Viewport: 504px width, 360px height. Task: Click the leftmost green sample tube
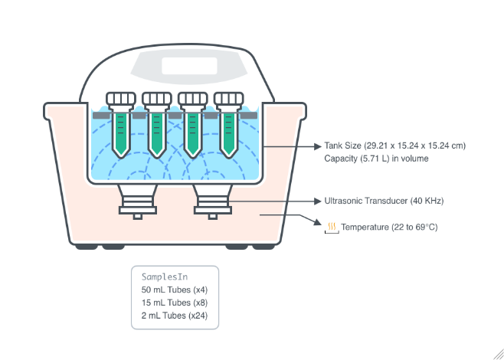point(121,132)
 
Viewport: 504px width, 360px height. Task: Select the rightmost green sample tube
point(229,132)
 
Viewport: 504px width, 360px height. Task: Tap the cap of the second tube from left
point(157,98)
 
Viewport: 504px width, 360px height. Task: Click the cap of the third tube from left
point(193,98)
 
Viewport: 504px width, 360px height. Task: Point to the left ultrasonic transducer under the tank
point(137,201)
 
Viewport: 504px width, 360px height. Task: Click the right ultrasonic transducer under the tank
point(211,201)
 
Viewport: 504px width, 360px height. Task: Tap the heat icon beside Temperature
point(332,227)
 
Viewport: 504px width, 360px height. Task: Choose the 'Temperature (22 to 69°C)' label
point(389,227)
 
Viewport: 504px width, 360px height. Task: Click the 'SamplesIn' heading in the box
point(165,277)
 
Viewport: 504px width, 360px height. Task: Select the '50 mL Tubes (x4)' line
point(175,290)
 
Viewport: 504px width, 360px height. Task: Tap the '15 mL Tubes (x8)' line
point(175,303)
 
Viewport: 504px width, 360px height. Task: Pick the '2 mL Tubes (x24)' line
point(175,316)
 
